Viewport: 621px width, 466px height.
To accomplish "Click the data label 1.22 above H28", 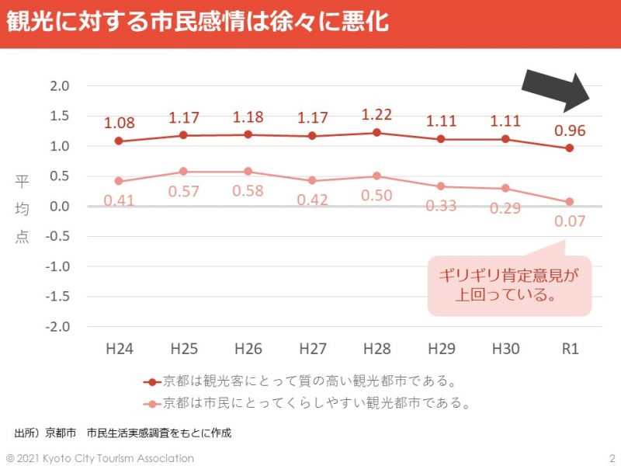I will pos(376,114).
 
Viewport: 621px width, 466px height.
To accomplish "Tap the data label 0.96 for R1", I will pos(570,130).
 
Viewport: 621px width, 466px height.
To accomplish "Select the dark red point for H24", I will pos(119,141).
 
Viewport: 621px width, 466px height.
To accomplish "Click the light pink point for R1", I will pos(570,202).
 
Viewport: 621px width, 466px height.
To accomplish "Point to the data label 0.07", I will pos(570,221).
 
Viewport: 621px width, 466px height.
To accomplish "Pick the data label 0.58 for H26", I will pos(248,190).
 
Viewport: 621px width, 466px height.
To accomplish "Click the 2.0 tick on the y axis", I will pos(60,85).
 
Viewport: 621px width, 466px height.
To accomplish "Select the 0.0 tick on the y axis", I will pos(60,207).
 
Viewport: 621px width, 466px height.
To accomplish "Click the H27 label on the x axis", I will pos(312,349).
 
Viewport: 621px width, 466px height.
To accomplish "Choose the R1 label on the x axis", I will pos(570,349).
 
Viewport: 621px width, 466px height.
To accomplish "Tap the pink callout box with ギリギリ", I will pos(509,285).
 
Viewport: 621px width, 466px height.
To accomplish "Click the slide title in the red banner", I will pos(197,22).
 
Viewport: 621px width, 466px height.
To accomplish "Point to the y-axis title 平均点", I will pos(22,210).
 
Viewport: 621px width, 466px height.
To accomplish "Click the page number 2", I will pos(612,458).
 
